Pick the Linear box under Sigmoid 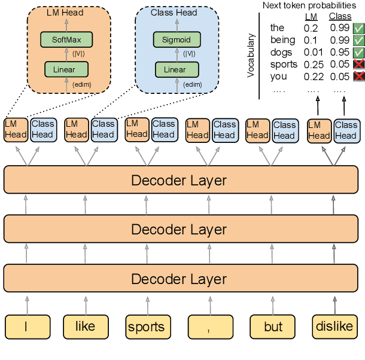point(175,69)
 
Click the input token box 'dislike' point(334,327)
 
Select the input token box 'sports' point(147,327)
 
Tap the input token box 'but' point(273,327)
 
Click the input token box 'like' point(86,327)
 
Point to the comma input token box point(209,327)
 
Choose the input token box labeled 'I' point(26,327)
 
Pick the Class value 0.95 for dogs point(340,53)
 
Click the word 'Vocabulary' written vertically point(251,55)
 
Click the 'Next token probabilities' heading point(309,5)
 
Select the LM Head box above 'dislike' point(319,130)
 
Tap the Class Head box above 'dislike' point(346,130)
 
